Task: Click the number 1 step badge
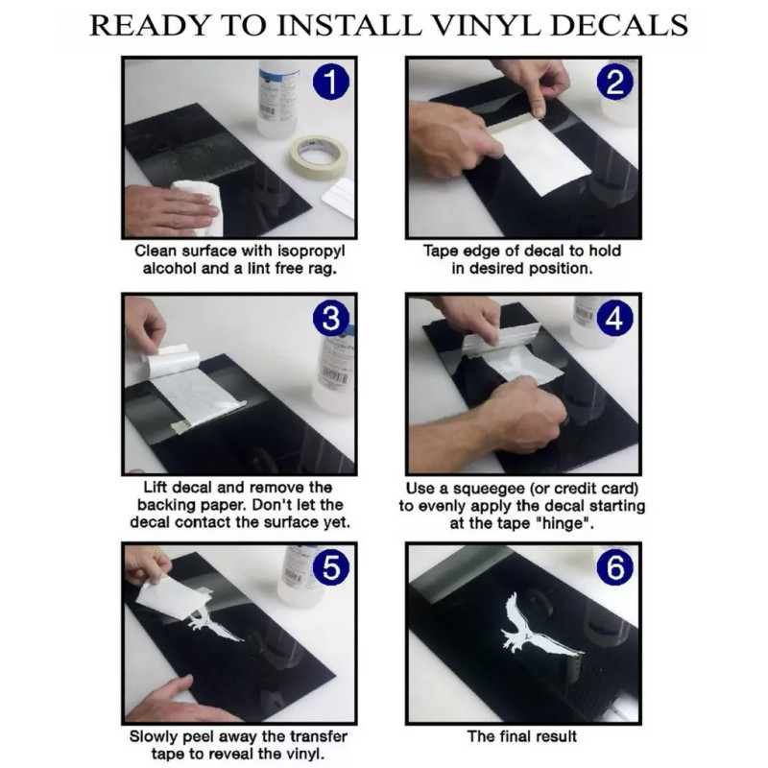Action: pos(331,82)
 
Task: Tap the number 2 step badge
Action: pos(615,82)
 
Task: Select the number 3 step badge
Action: pos(331,319)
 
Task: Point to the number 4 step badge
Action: pos(615,319)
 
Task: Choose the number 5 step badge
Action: pos(331,567)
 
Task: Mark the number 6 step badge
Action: pos(615,567)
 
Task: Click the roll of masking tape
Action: pos(318,156)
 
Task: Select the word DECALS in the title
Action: pos(620,26)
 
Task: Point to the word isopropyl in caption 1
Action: pos(311,252)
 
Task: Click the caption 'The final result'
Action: pos(522,736)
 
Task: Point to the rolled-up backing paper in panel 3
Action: pos(172,359)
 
